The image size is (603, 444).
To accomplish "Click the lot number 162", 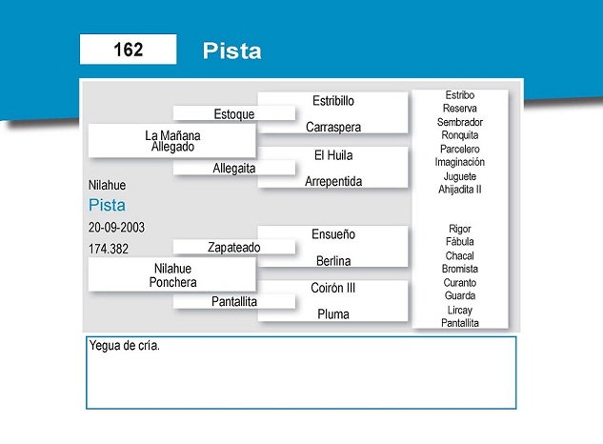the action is (128, 50).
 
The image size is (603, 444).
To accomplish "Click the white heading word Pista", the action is (231, 50).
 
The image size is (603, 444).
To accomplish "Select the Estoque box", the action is (234, 113).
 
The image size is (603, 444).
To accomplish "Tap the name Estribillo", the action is (333, 101).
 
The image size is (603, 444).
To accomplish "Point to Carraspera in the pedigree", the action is (333, 127).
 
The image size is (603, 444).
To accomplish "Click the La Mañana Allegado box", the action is (171, 140).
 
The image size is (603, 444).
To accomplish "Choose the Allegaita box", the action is (234, 168).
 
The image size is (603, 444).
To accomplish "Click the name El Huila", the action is (333, 155).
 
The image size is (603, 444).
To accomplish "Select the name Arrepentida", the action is (333, 181).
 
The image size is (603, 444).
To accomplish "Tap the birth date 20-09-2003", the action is (116, 228).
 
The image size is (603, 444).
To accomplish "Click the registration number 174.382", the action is (109, 249).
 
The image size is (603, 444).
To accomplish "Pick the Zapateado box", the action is (234, 247).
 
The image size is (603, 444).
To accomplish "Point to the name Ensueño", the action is (333, 234).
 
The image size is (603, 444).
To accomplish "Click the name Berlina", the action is (333, 261).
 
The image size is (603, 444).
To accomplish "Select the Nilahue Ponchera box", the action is (171, 274).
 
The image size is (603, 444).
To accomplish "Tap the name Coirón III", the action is (333, 288).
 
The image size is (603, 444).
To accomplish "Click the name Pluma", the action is (333, 314).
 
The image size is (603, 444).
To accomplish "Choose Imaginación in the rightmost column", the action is (459, 162).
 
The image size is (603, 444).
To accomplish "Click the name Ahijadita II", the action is (459, 189).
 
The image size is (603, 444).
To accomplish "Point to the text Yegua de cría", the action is (124, 346).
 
